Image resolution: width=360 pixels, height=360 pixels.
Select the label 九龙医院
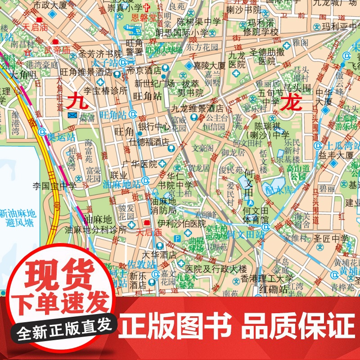point(237,60)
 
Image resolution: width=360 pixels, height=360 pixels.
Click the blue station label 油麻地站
point(121,184)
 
